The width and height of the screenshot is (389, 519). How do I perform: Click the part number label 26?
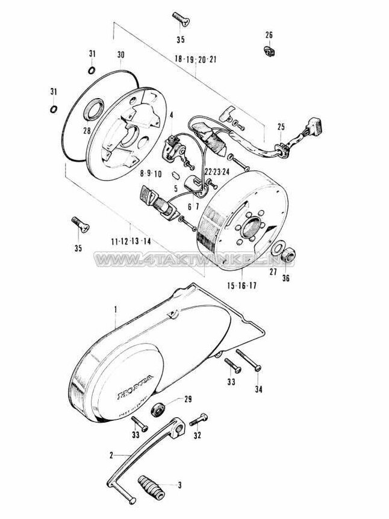pos(269,34)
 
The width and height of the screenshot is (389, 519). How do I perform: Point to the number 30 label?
pos(120,55)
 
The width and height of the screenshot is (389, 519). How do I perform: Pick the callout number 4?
pos(171,115)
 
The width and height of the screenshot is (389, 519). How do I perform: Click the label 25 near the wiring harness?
pos(280,127)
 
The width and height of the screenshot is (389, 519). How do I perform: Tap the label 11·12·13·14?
pos(130,241)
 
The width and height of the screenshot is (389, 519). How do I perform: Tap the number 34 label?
pos(258,390)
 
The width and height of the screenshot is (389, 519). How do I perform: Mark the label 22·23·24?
pos(217,172)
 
